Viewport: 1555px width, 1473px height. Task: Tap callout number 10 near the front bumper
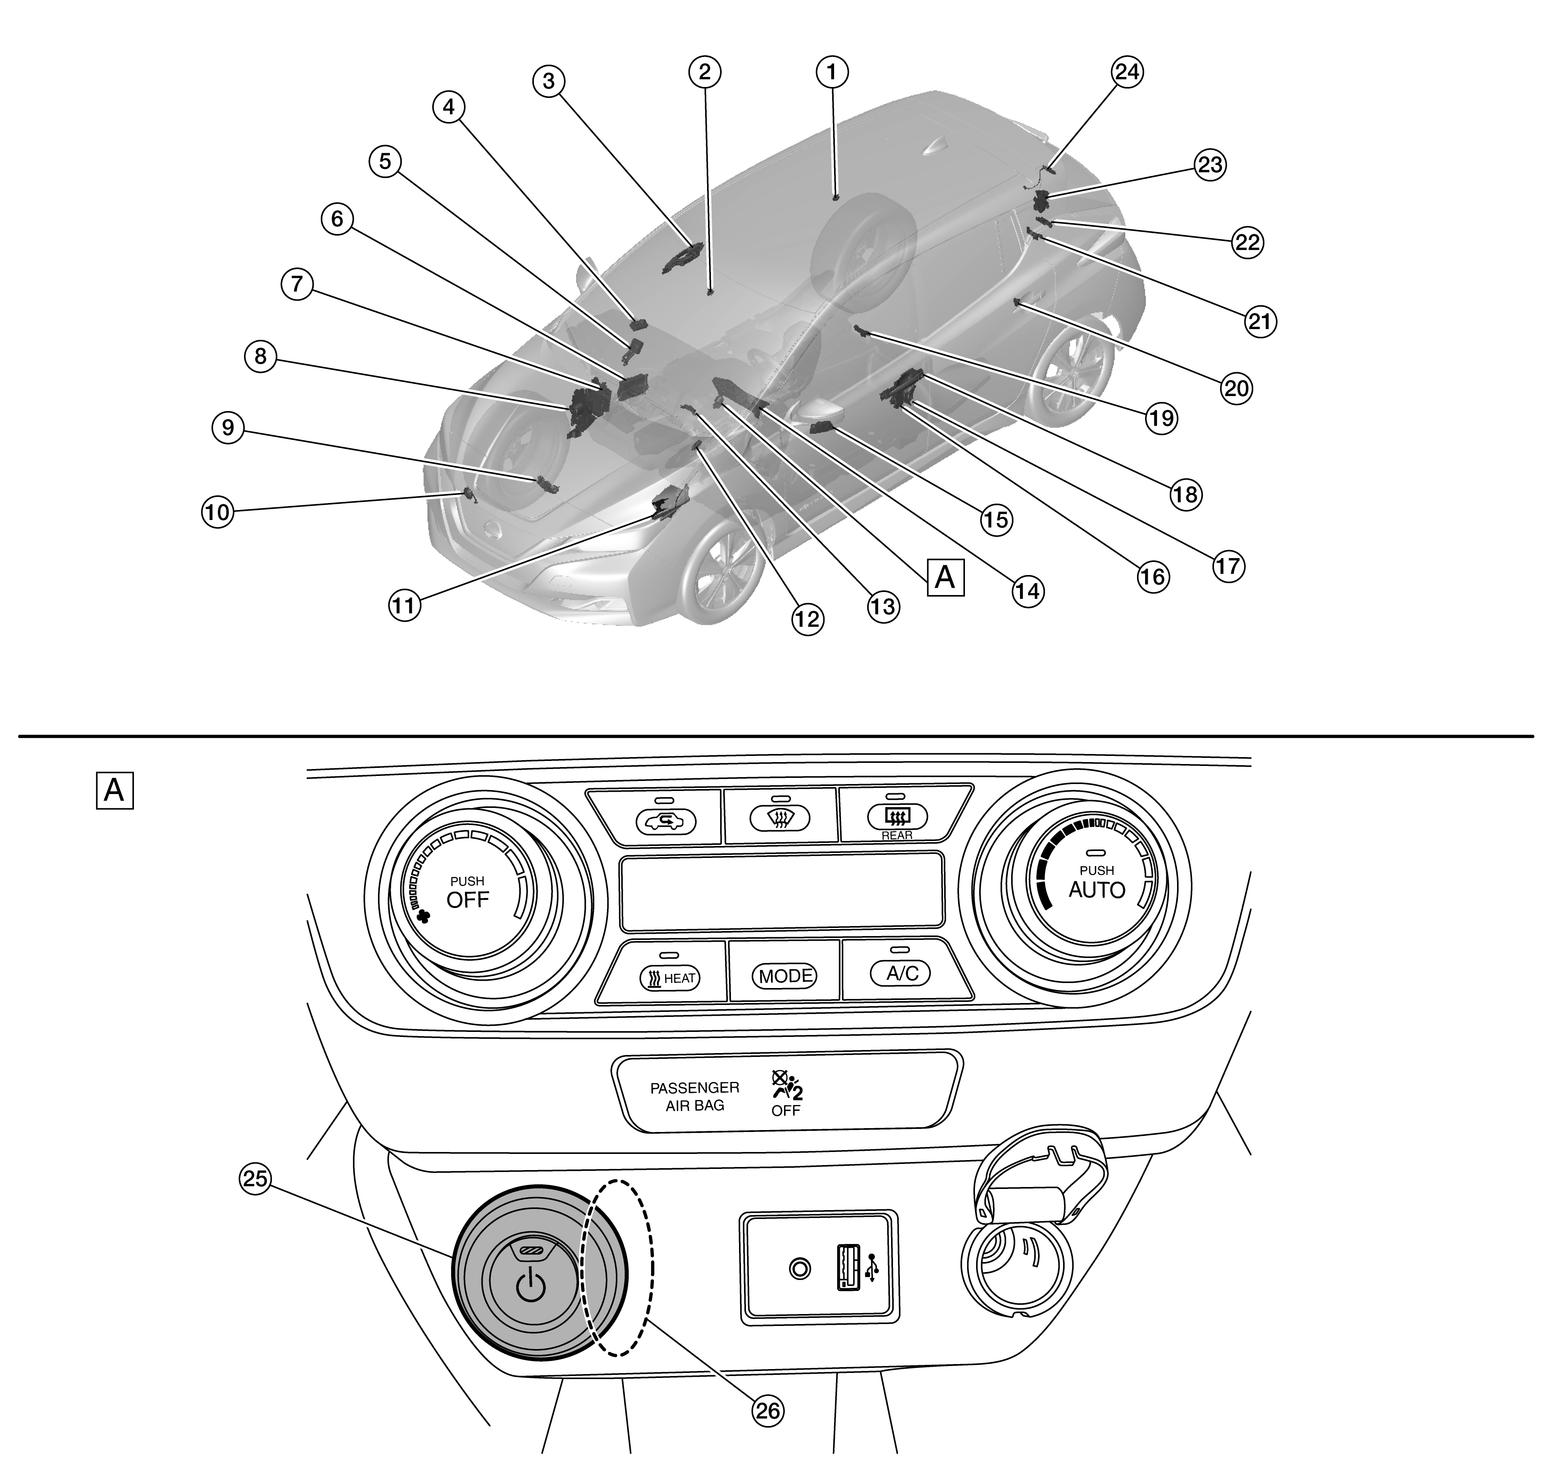pyautogui.click(x=217, y=512)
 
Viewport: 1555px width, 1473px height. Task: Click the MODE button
pyautogui.click(x=784, y=975)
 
